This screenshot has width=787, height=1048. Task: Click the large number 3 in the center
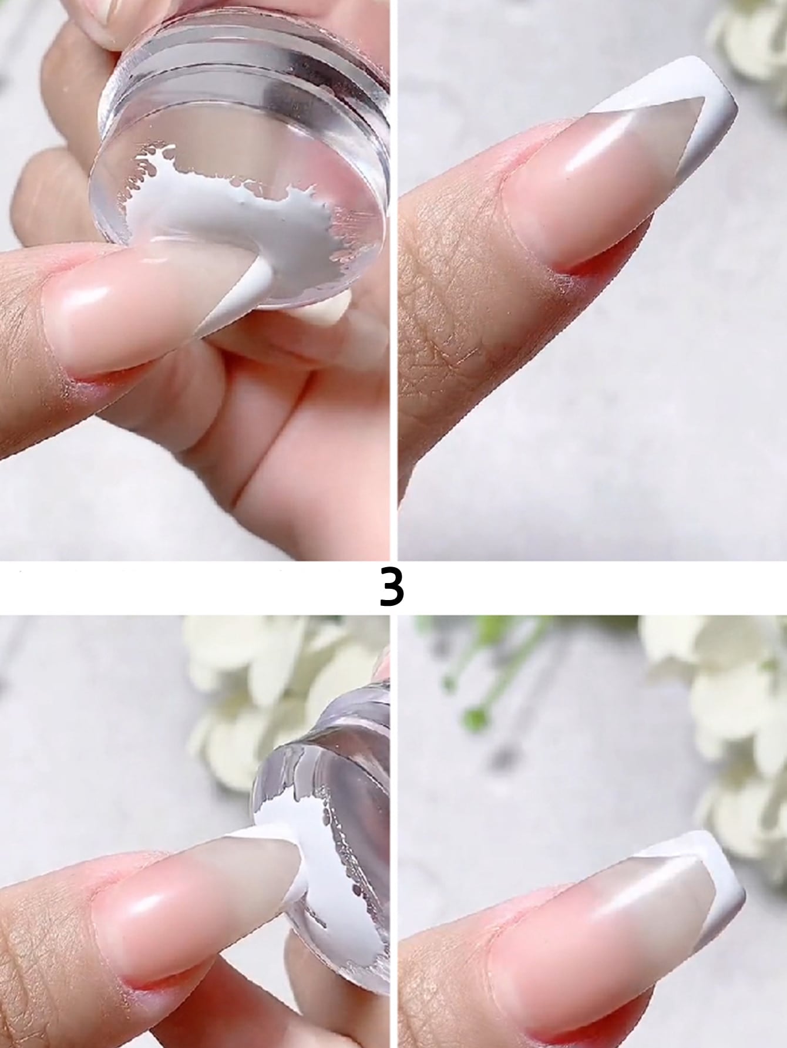click(392, 587)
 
